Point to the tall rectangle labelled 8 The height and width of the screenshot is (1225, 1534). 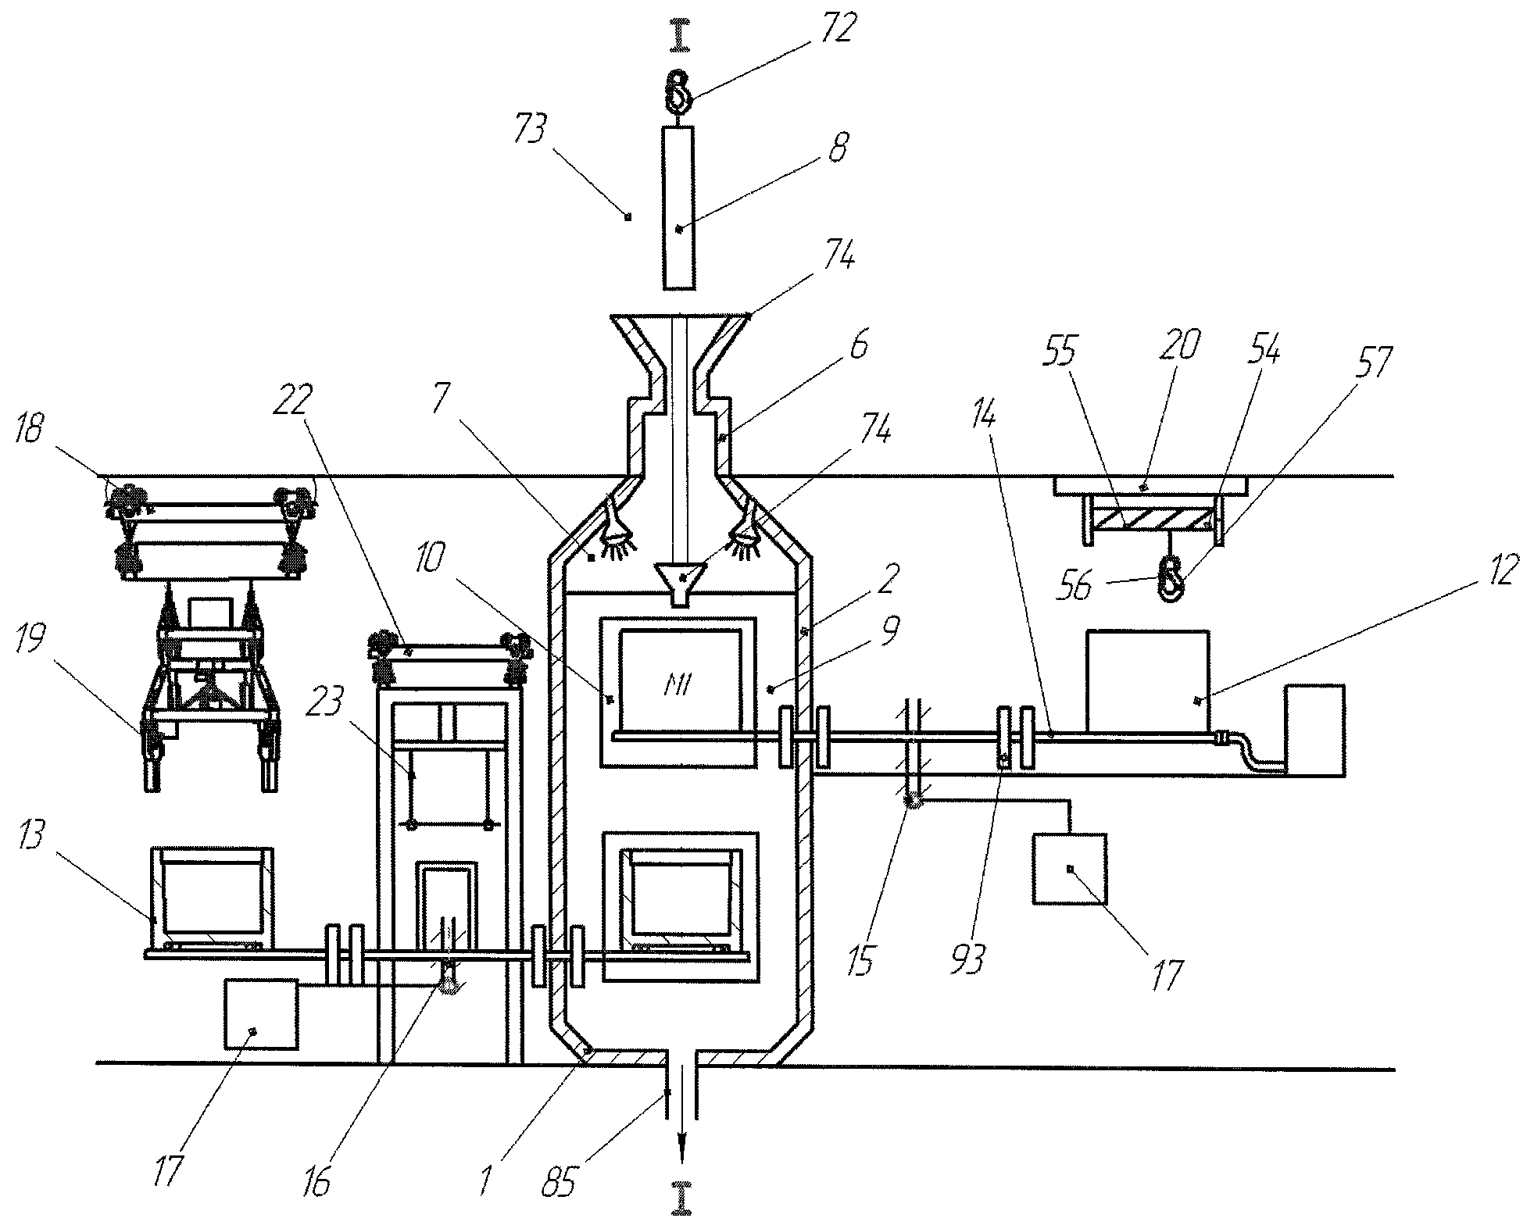[677, 207]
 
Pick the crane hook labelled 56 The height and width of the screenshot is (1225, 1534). [1171, 580]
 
